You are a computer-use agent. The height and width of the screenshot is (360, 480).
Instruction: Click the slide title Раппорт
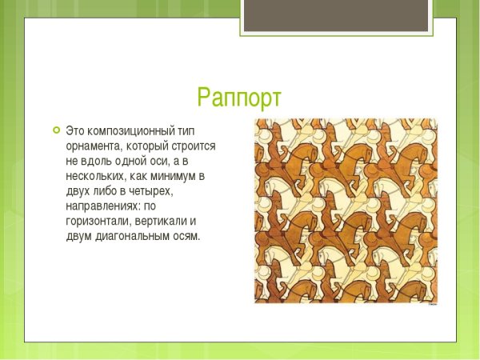(x=239, y=98)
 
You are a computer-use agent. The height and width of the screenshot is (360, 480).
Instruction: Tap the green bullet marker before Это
(x=55, y=130)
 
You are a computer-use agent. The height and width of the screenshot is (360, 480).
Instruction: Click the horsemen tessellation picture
(x=346, y=211)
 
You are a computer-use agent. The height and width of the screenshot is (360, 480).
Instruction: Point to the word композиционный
(x=130, y=130)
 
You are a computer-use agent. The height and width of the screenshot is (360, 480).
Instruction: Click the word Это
(x=74, y=130)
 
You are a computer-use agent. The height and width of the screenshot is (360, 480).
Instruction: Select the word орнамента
(x=94, y=148)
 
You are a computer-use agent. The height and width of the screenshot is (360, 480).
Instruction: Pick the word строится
(x=194, y=148)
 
